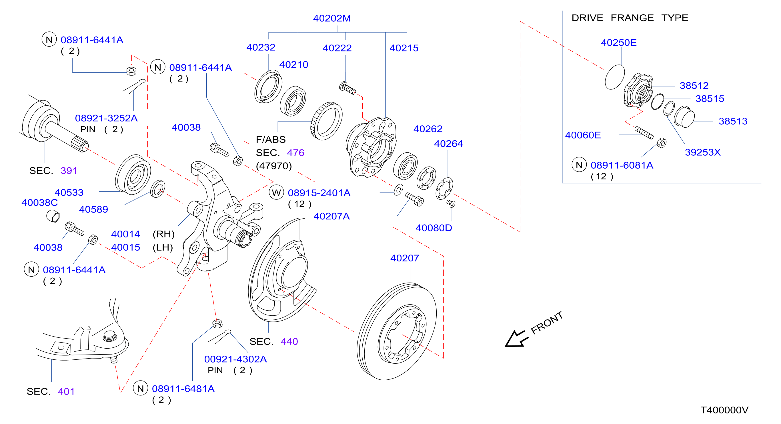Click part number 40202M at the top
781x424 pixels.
(x=332, y=18)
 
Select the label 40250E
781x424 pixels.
(x=618, y=43)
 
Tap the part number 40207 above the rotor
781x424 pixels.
(x=404, y=258)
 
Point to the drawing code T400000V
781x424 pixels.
(x=724, y=410)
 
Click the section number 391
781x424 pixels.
(x=69, y=171)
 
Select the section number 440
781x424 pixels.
(x=289, y=341)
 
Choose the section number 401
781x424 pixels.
(x=66, y=391)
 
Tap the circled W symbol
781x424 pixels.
(x=276, y=193)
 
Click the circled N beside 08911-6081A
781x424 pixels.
(x=579, y=165)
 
